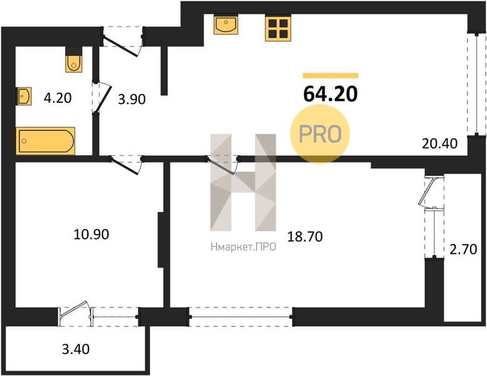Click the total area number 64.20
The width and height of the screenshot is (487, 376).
click(x=331, y=94)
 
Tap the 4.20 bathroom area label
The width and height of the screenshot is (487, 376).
click(x=58, y=98)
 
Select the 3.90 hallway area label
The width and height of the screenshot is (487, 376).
click(x=132, y=99)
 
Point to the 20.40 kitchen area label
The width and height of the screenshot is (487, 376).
click(x=439, y=144)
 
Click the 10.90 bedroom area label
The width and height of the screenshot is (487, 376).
click(x=92, y=234)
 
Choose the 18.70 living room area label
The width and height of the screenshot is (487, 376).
click(x=305, y=237)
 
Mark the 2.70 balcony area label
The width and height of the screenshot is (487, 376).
click(x=463, y=249)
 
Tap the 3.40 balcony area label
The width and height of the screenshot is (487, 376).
click(x=76, y=349)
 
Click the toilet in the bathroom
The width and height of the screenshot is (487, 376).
click(x=74, y=60)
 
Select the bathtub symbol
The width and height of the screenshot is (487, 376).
click(x=45, y=141)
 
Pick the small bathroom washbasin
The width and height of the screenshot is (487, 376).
click(x=24, y=96)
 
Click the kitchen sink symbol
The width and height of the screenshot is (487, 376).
click(x=226, y=25)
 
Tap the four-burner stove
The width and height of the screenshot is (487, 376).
click(x=278, y=29)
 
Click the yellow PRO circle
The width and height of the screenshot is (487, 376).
click(x=320, y=133)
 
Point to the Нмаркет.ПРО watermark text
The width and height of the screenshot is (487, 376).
click(x=243, y=247)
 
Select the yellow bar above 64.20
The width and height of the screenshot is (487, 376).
click(x=331, y=75)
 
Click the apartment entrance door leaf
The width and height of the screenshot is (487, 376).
click(x=120, y=47)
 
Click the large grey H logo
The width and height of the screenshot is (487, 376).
click(x=243, y=183)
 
